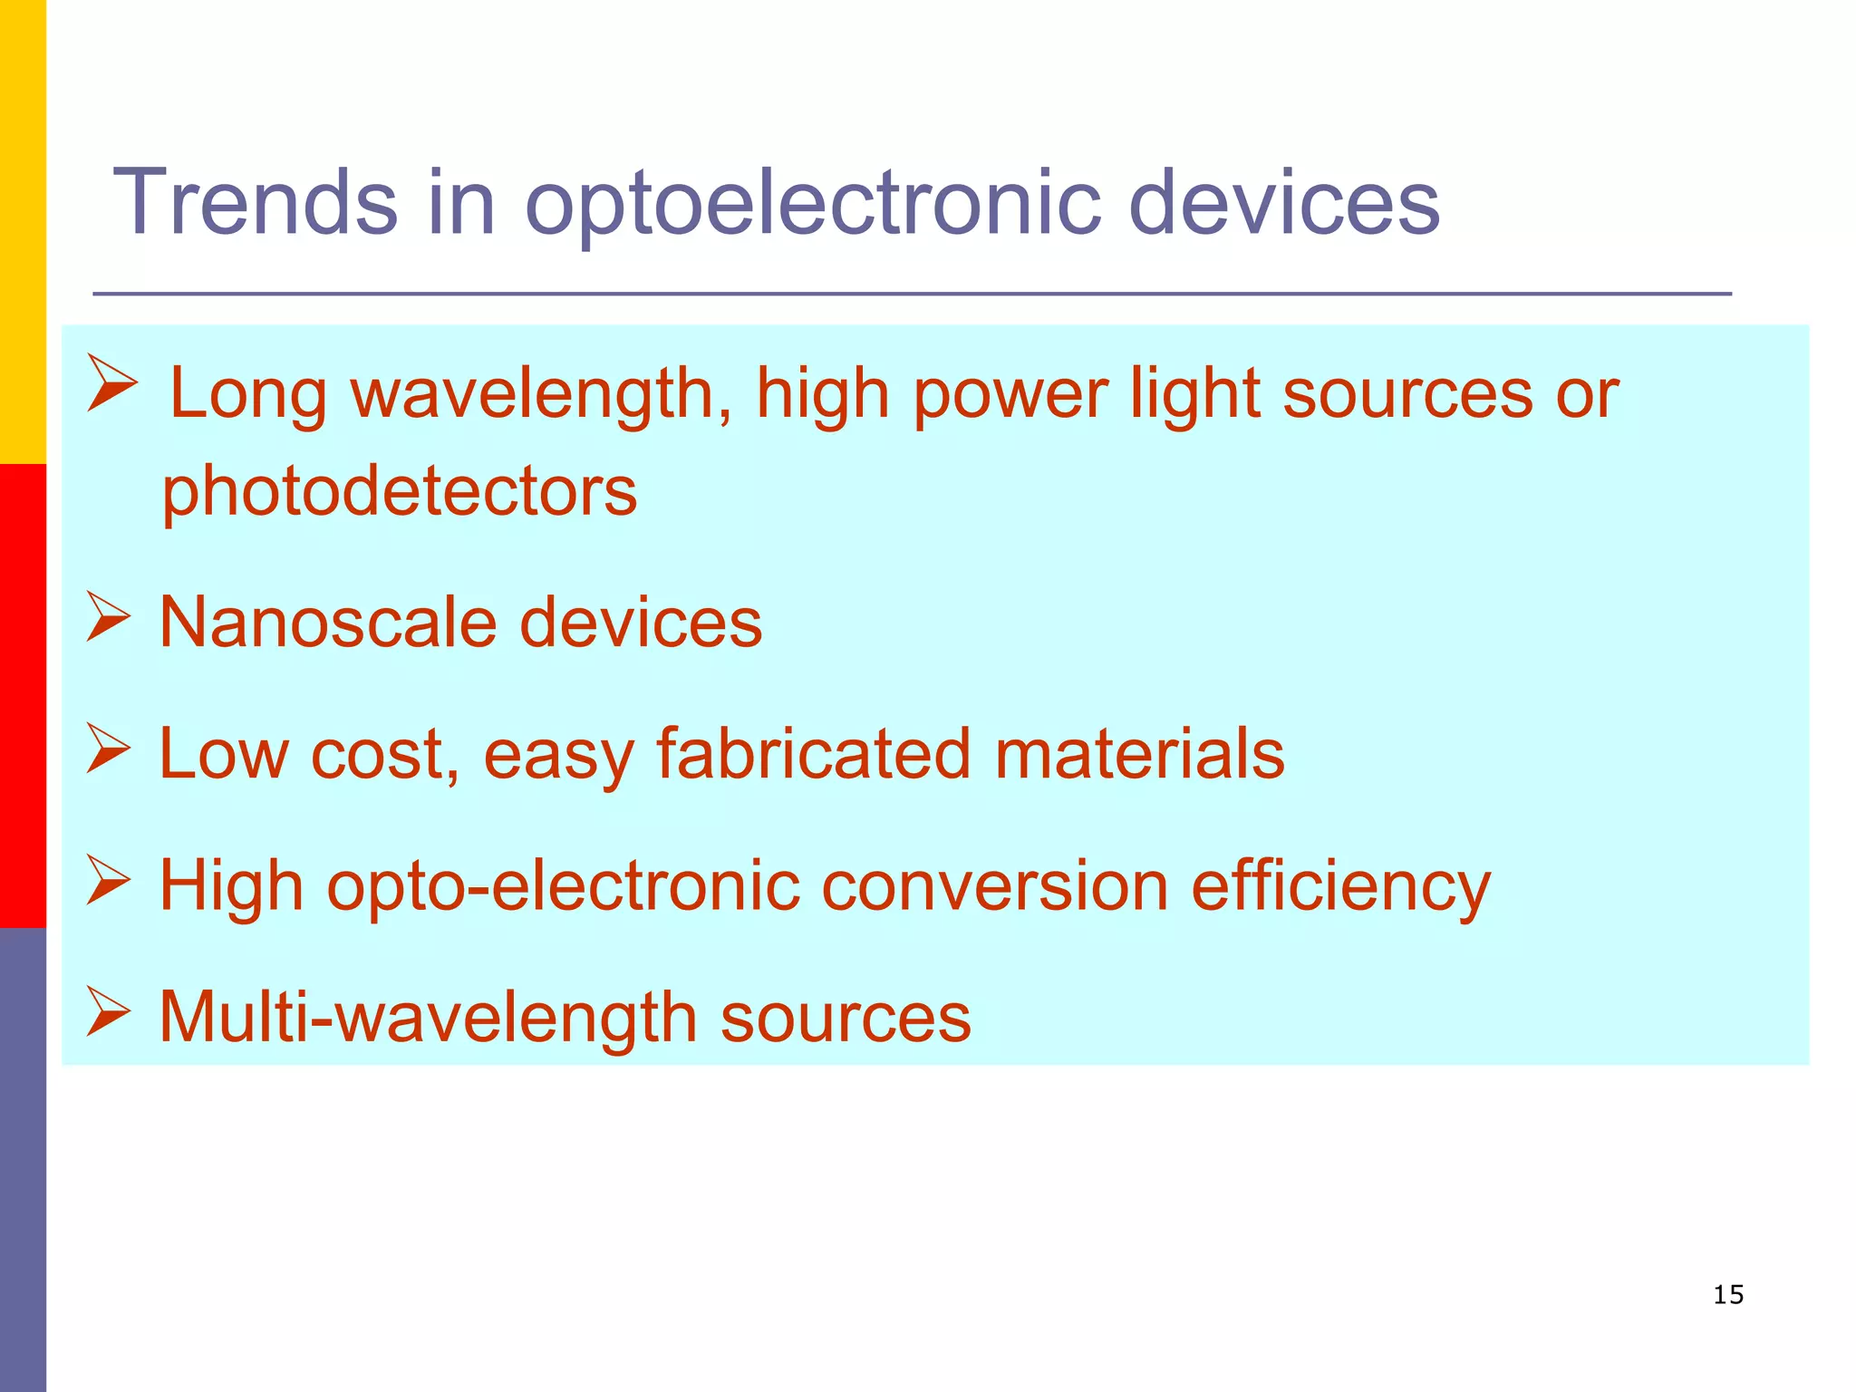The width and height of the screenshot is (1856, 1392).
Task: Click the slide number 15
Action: (x=1728, y=1295)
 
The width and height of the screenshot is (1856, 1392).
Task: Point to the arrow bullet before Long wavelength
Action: (x=112, y=384)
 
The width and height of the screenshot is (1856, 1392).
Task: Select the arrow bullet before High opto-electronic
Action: (x=109, y=880)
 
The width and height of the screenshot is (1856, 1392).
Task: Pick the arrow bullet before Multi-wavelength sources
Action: (x=109, y=1011)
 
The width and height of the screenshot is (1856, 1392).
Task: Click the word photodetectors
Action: (x=400, y=492)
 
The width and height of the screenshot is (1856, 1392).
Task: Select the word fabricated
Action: (x=814, y=754)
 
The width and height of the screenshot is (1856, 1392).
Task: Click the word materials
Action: (x=1139, y=754)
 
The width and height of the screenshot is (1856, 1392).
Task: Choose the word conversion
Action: (x=994, y=886)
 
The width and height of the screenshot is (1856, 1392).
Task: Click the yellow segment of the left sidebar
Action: (x=23, y=231)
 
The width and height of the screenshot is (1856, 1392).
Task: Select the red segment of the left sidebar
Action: (x=23, y=696)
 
